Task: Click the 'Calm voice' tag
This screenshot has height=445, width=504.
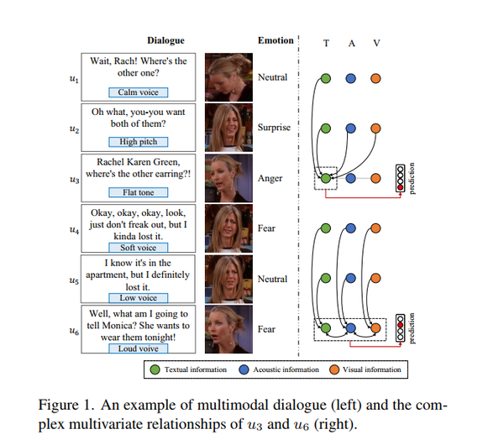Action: click(139, 92)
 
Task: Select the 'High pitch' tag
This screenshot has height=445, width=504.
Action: click(139, 142)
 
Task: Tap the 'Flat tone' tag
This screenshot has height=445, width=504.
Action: click(139, 192)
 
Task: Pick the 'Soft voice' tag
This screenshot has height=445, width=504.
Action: click(139, 248)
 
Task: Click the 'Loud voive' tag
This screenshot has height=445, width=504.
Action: click(139, 348)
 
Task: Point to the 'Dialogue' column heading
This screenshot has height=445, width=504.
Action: click(165, 40)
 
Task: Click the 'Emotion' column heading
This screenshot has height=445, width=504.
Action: click(276, 40)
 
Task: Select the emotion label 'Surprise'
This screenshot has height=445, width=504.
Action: click(274, 128)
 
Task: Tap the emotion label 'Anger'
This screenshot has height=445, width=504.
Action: click(270, 178)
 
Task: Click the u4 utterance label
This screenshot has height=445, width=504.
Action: click(74, 230)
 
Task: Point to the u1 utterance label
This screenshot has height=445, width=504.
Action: click(74, 79)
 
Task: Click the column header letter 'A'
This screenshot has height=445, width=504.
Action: click(351, 43)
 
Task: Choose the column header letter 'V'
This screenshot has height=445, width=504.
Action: click(376, 43)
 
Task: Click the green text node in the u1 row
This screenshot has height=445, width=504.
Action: click(326, 78)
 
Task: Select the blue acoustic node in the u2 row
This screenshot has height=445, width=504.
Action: click(350, 128)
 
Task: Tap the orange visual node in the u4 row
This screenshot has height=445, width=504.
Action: click(375, 228)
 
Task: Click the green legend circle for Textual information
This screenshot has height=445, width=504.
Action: click(155, 369)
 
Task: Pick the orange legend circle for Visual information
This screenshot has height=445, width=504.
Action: click(334, 369)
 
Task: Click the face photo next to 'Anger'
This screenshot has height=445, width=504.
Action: click(228, 178)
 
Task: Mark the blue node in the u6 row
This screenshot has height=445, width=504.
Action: click(350, 328)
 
